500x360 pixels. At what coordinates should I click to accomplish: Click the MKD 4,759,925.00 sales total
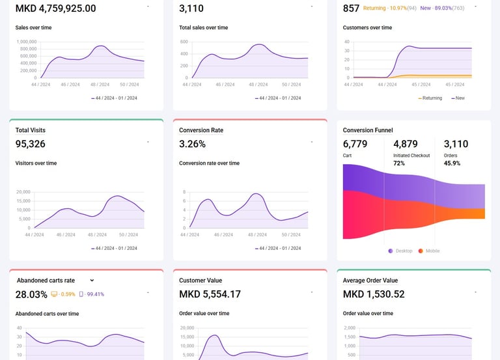tap(55, 8)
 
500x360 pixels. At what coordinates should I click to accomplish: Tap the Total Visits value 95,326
tap(31, 144)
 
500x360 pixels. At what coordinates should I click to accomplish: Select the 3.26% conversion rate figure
tap(192, 144)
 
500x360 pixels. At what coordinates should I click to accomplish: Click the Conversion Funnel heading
tap(368, 130)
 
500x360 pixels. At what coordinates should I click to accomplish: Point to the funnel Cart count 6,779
tap(355, 144)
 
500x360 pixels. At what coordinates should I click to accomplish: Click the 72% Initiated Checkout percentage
tap(399, 163)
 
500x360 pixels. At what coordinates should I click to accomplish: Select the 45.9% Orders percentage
tap(452, 163)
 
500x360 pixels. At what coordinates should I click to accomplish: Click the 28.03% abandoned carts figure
tap(31, 294)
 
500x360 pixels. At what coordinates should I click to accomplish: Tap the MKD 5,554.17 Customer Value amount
tap(210, 294)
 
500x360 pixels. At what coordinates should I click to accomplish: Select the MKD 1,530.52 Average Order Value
tap(374, 294)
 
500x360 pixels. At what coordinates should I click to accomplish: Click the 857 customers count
tap(351, 8)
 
